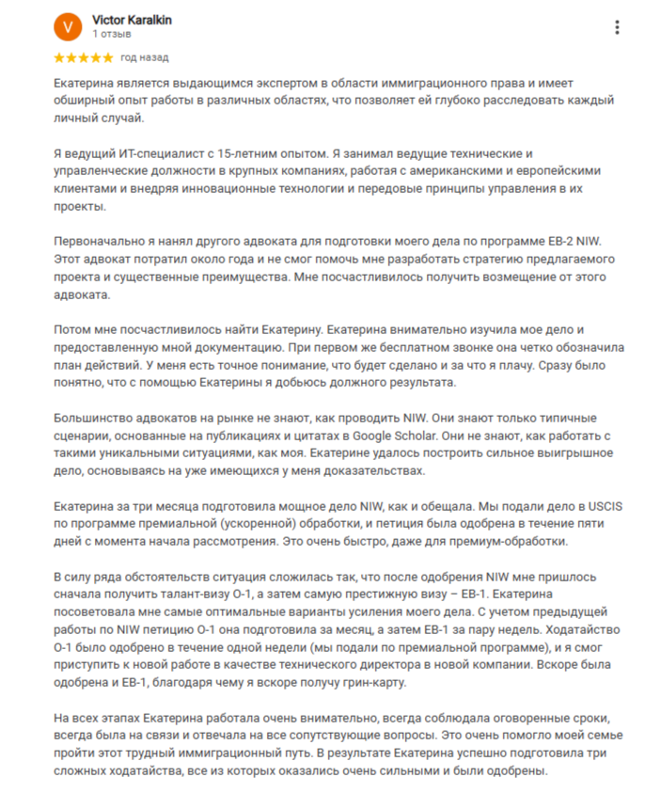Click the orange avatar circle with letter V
coord(68,26)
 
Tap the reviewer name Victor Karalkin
coord(133,20)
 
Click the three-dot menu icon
coord(616,27)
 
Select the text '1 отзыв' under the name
coord(112,34)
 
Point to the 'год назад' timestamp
coord(145,57)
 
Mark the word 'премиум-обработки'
coord(515,543)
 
